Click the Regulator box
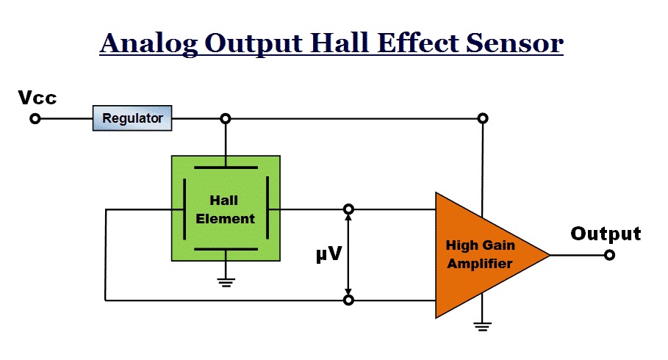coord(132,118)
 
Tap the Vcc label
coord(37,98)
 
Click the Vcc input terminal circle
coord(35,118)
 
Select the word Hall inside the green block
coord(223,200)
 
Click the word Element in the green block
coord(225,218)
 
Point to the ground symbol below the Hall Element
coord(226,282)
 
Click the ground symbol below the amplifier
coord(482,326)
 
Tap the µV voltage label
coord(329,254)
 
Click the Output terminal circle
coord(610,255)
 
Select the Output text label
coord(606,234)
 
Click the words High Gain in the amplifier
coord(480,245)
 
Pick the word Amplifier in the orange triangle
coord(480,263)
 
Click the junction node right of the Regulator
coord(226,118)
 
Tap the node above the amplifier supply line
coord(483,118)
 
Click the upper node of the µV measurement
coord(348,209)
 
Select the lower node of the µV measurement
coord(348,300)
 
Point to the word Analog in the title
coord(149,44)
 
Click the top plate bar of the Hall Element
coord(226,168)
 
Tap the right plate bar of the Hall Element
coord(267,208)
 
